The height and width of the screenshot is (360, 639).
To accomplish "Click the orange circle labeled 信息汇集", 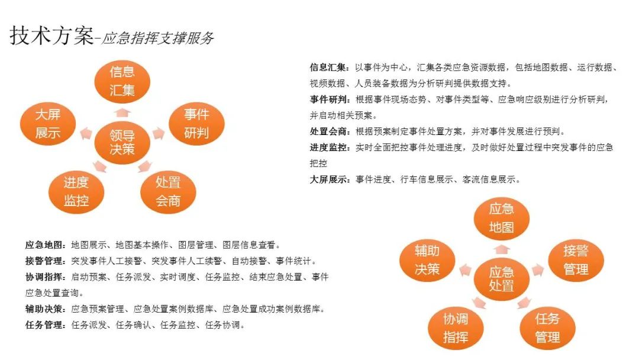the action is [122, 81].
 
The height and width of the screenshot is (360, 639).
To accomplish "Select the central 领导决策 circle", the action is [122, 142].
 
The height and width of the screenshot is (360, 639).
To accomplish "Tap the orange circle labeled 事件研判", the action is [197, 124].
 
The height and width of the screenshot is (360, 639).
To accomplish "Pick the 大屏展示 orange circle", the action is [48, 124].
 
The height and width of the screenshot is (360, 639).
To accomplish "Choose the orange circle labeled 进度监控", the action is [76, 192].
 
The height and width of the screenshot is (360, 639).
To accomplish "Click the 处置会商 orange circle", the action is [168, 192].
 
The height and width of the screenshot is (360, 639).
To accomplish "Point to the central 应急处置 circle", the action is [502, 279].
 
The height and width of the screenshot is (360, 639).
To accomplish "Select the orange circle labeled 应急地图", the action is [502, 218].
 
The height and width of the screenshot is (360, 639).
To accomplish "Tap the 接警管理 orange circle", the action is [576, 260].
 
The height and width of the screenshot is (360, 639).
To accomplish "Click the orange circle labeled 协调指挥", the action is [456, 328].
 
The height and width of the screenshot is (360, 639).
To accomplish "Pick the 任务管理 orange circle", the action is [548, 328].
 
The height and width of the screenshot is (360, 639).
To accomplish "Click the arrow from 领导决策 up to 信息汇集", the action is [122, 112].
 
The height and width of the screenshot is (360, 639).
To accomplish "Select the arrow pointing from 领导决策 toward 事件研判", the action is [159, 133].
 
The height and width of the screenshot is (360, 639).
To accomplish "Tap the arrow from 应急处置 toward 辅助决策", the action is [466, 270].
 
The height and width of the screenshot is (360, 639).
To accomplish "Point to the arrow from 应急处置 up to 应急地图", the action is [502, 249].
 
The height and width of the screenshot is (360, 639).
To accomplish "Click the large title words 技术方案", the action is [51, 36].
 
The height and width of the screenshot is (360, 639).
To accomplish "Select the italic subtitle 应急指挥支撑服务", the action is [158, 38].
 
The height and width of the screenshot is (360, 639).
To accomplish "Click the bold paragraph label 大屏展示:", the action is [330, 179].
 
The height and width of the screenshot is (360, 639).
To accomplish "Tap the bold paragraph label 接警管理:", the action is [46, 261].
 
